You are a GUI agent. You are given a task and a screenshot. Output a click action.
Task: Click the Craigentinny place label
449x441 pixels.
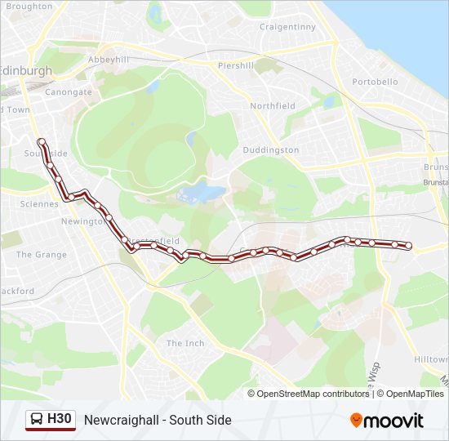pos(287,27)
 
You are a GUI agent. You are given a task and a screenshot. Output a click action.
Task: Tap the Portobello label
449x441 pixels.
pos(375,82)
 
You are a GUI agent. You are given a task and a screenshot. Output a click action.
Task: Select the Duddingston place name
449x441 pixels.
pos(271,150)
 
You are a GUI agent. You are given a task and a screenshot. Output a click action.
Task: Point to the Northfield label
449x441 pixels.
pos(273,106)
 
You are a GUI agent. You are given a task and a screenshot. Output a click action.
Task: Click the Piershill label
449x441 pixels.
pos(236,65)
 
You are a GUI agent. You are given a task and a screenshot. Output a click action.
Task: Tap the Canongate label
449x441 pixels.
pos(69,92)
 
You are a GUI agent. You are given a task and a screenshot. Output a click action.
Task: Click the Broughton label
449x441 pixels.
pos(29,7)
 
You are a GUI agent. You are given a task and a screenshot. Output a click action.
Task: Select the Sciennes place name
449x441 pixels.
pos(39,204)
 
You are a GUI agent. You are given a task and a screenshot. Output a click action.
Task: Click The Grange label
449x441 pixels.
pos(42,255)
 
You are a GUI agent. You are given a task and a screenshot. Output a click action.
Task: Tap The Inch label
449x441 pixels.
pos(185,343)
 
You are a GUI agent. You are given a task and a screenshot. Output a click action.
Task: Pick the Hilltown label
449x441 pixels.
pos(431,359)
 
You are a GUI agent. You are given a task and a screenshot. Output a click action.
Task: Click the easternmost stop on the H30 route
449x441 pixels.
pos(409,246)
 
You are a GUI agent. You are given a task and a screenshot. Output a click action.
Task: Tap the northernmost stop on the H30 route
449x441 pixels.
pos(41,142)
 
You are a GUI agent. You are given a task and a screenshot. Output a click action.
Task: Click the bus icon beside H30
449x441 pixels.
pos(36,420)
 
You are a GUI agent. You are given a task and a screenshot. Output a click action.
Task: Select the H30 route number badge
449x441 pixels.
pos(60,420)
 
